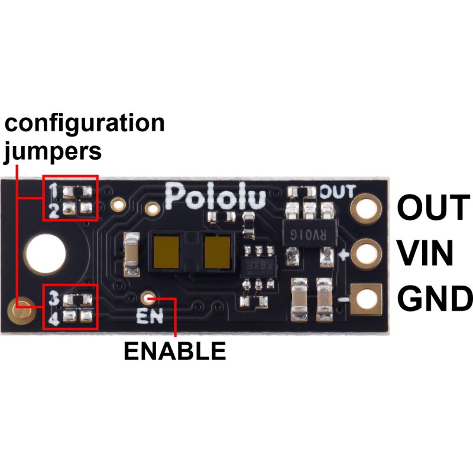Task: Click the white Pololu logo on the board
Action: click(216, 196)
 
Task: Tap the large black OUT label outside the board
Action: click(433, 208)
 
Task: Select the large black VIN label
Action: click(425, 253)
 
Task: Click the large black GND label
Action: click(435, 299)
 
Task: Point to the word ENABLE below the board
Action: click(175, 351)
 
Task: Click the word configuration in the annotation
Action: click(85, 124)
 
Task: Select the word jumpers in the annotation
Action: click(53, 152)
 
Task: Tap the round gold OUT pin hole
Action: click(366, 209)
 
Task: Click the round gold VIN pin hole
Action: click(366, 254)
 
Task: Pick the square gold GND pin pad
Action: click(366, 299)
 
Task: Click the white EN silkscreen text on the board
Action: click(150, 316)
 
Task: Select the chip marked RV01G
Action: click(309, 234)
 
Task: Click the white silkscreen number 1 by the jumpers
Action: click(53, 190)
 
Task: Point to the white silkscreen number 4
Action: click(54, 319)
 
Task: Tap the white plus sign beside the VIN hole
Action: click(344, 255)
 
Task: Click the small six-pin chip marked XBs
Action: click(258, 267)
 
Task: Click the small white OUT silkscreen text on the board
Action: click(338, 192)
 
